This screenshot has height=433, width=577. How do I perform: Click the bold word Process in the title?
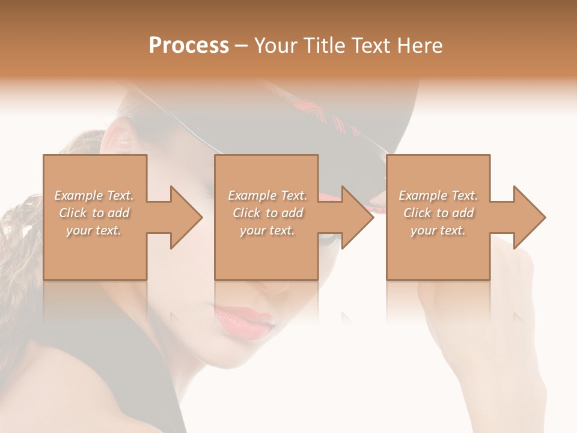click(x=189, y=46)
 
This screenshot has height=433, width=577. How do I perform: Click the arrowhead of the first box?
click(x=187, y=217)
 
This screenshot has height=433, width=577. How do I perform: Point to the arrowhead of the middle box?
click(x=358, y=217)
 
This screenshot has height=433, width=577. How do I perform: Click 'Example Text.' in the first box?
click(x=94, y=195)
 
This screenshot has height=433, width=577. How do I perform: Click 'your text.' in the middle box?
click(x=267, y=230)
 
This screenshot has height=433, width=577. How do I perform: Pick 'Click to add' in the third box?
click(x=438, y=213)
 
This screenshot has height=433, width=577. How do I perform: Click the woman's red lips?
click(x=244, y=319)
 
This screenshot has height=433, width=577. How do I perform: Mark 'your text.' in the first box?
click(x=94, y=230)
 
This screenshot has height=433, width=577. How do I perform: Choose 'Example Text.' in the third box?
click(x=438, y=195)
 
